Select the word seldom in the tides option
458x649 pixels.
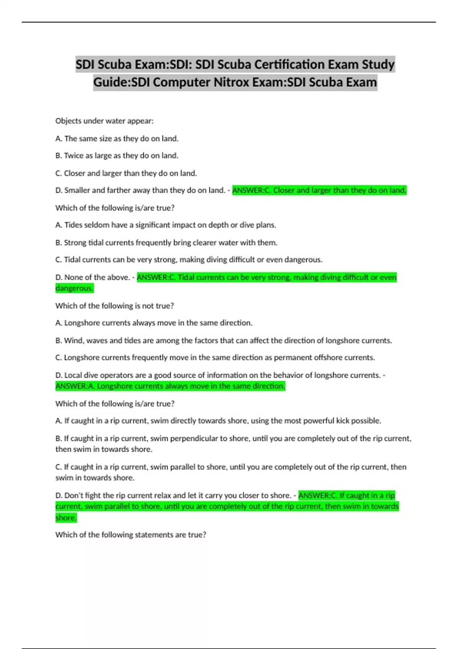click(x=96, y=225)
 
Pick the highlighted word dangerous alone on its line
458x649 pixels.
click(x=74, y=288)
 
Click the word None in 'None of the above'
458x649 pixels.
click(x=73, y=277)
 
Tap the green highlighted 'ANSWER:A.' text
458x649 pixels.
click(x=75, y=386)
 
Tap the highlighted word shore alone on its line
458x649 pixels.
click(x=66, y=518)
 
